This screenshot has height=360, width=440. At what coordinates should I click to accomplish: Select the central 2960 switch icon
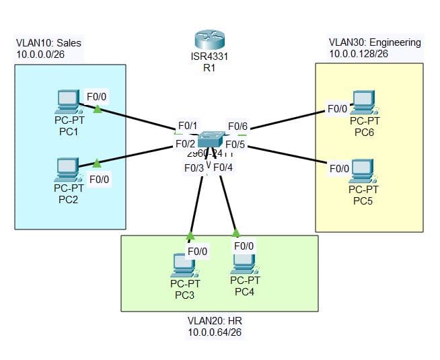[x=211, y=139]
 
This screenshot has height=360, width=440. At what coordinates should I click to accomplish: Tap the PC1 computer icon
[x=68, y=102]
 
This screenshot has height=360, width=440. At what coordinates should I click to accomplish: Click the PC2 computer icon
[x=67, y=168]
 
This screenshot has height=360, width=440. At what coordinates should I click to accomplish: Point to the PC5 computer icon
[x=363, y=171]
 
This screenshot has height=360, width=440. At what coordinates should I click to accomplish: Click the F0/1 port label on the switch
[x=187, y=126]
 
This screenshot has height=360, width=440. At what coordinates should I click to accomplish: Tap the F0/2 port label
[x=185, y=143]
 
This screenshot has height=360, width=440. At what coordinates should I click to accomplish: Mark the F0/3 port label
[x=194, y=168]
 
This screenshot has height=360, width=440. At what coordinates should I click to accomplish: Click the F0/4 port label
[x=223, y=167]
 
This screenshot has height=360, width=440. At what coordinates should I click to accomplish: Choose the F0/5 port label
[x=235, y=144]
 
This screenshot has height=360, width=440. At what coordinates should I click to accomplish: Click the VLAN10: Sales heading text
[x=48, y=42]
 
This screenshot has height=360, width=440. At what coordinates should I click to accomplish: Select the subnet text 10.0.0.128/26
[x=359, y=53]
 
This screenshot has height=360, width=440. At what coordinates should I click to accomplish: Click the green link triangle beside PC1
[x=98, y=109]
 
